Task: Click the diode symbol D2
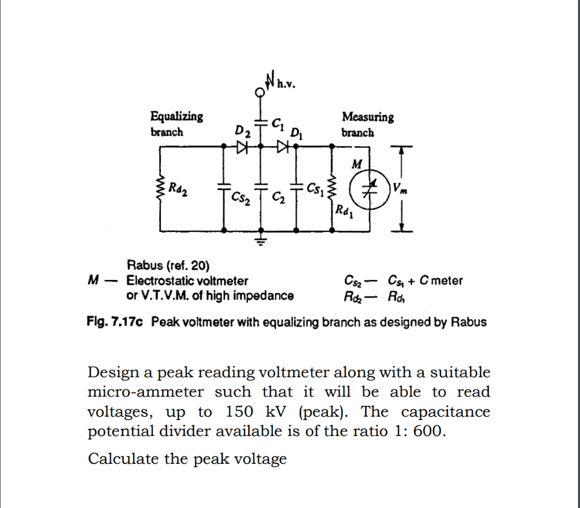click(x=243, y=146)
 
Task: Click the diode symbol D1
click(x=282, y=146)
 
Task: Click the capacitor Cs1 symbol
click(x=296, y=186)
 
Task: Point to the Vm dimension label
click(x=400, y=188)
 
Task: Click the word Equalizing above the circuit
click(x=176, y=117)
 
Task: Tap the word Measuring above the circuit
click(x=368, y=117)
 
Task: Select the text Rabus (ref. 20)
click(x=168, y=265)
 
